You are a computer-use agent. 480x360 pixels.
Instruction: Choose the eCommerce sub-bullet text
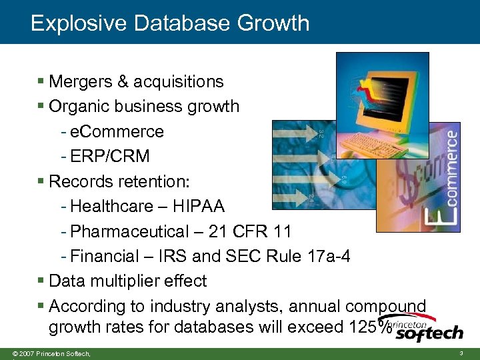click(x=117, y=131)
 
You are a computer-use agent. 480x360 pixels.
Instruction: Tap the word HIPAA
click(x=199, y=207)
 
